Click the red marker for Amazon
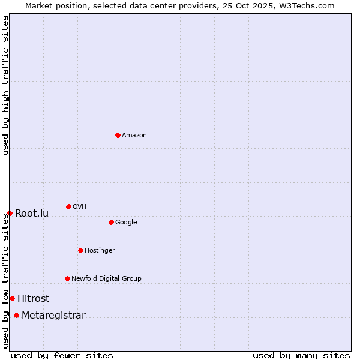[118, 135]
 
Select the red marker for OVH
[68, 206]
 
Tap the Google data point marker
[111, 222]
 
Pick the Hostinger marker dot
[80, 250]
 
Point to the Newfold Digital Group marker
[67, 278]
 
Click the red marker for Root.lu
[10, 213]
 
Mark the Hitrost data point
[12, 298]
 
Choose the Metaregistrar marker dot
[16, 316]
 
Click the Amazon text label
[134, 136]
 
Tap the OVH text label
[80, 207]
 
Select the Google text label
[126, 223]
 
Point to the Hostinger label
[100, 251]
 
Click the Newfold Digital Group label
[106, 279]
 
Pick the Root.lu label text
[32, 214]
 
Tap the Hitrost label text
[34, 299]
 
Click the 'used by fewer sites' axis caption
[62, 355]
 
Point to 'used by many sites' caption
[301, 355]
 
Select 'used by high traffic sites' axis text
[5, 85]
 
